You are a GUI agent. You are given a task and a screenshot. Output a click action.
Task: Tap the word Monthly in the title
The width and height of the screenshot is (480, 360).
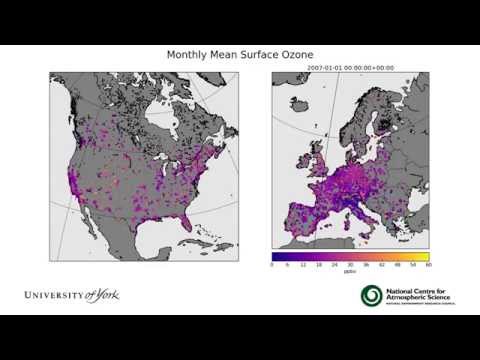click(x=189, y=55)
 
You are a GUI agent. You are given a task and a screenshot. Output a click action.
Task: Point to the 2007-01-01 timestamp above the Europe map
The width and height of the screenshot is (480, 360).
click(x=350, y=67)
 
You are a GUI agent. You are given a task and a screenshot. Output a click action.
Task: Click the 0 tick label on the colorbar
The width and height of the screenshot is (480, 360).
click(x=272, y=265)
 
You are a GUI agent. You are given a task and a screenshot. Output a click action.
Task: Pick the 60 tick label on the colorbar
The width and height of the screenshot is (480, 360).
click(x=428, y=265)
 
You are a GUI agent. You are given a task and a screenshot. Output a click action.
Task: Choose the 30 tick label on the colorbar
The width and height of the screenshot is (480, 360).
click(x=350, y=265)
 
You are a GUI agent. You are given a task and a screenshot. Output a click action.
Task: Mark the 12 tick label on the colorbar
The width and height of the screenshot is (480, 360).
click(x=303, y=265)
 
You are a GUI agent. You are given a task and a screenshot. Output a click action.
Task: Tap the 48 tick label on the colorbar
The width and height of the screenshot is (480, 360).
click(x=397, y=265)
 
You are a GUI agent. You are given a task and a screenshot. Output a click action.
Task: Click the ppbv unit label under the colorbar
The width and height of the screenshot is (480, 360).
click(x=350, y=272)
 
